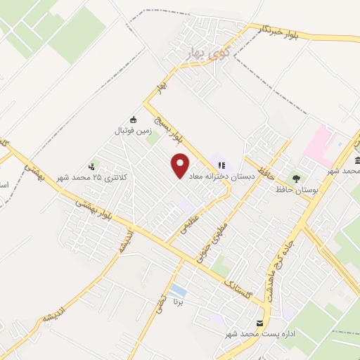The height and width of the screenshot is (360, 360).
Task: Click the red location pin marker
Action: pyautogui.click(x=181, y=165)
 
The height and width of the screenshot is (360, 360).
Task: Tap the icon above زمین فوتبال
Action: pyautogui.click(x=133, y=120)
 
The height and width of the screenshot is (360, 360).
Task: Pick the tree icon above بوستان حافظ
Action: pyautogui.click(x=297, y=179)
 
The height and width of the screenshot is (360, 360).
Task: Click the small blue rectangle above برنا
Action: pyautogui.click(x=179, y=290)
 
